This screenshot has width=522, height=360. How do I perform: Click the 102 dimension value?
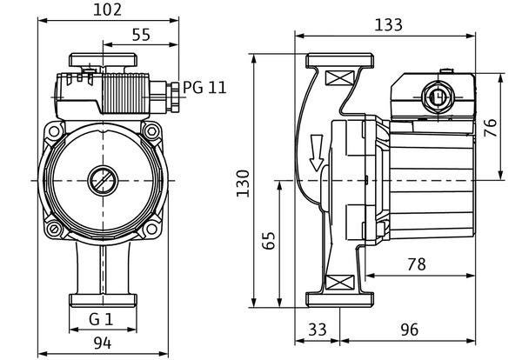point(107,10)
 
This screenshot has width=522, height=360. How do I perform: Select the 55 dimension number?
point(141,35)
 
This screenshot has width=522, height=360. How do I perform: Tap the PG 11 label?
point(204,88)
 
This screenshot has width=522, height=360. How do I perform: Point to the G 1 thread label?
point(101,319)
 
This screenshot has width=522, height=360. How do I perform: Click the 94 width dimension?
point(102,343)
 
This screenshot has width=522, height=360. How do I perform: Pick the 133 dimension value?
point(389,25)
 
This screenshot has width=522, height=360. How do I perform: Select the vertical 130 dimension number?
point(243,183)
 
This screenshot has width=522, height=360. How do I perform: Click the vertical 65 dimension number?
point(268,240)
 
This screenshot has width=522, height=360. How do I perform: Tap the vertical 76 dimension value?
point(490,128)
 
